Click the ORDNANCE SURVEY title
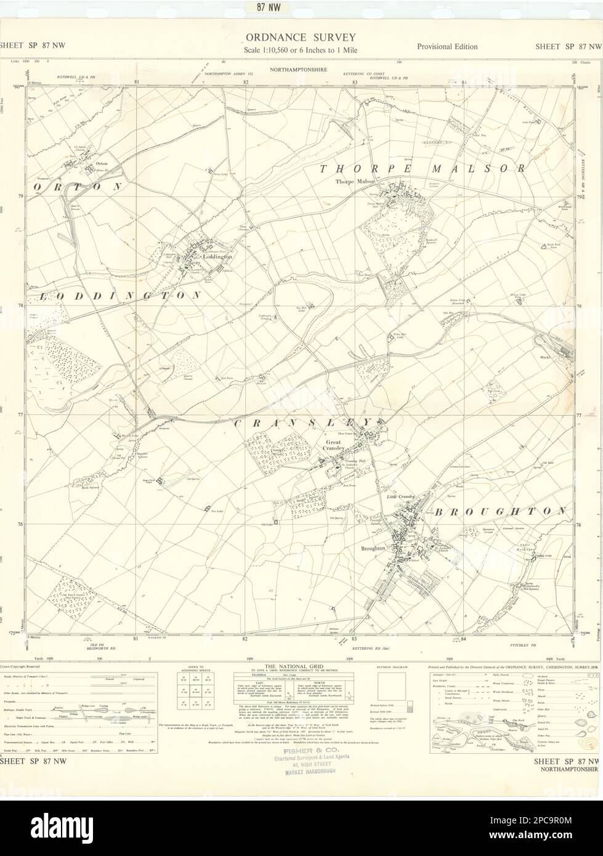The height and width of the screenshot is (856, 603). [x=301, y=38]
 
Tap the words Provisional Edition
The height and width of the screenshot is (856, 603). [x=447, y=46]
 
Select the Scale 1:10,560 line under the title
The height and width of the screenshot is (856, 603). [x=301, y=50]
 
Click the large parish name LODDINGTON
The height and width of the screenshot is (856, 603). [x=120, y=296]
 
